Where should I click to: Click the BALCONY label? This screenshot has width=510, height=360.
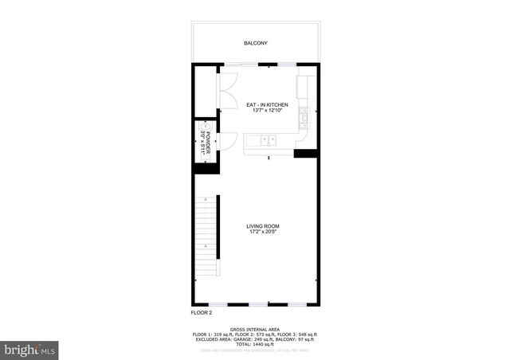coord(255,43)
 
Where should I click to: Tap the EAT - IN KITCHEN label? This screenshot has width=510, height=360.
coord(266,104)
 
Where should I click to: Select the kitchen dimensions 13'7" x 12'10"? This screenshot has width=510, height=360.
coord(266,112)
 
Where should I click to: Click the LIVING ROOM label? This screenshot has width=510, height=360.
coord(262,226)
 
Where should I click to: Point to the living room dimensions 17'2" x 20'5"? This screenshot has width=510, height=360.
coord(262,233)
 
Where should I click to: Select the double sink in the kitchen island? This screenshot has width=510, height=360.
coord(267,140)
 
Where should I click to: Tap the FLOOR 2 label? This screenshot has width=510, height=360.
coord(201,312)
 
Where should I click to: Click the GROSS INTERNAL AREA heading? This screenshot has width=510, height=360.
coord(254,329)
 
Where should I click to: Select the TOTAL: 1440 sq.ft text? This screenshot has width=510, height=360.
coord(255,343)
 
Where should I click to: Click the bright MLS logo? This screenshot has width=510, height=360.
coord(31,350)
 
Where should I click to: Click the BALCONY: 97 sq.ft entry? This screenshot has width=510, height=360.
coord(292,338)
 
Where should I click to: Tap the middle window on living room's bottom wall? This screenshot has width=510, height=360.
coord(259,304)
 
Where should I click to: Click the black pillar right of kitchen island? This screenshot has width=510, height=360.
coord(305,153)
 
